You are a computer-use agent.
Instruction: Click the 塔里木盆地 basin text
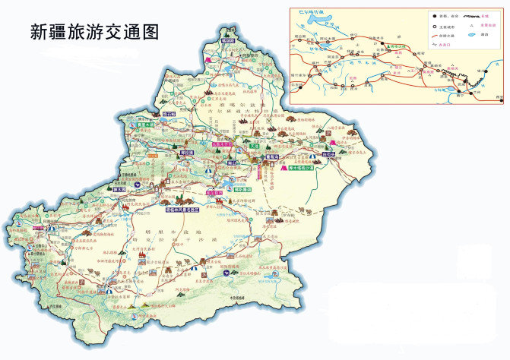click(183, 231)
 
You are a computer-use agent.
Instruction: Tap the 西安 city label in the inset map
click(498, 97)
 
